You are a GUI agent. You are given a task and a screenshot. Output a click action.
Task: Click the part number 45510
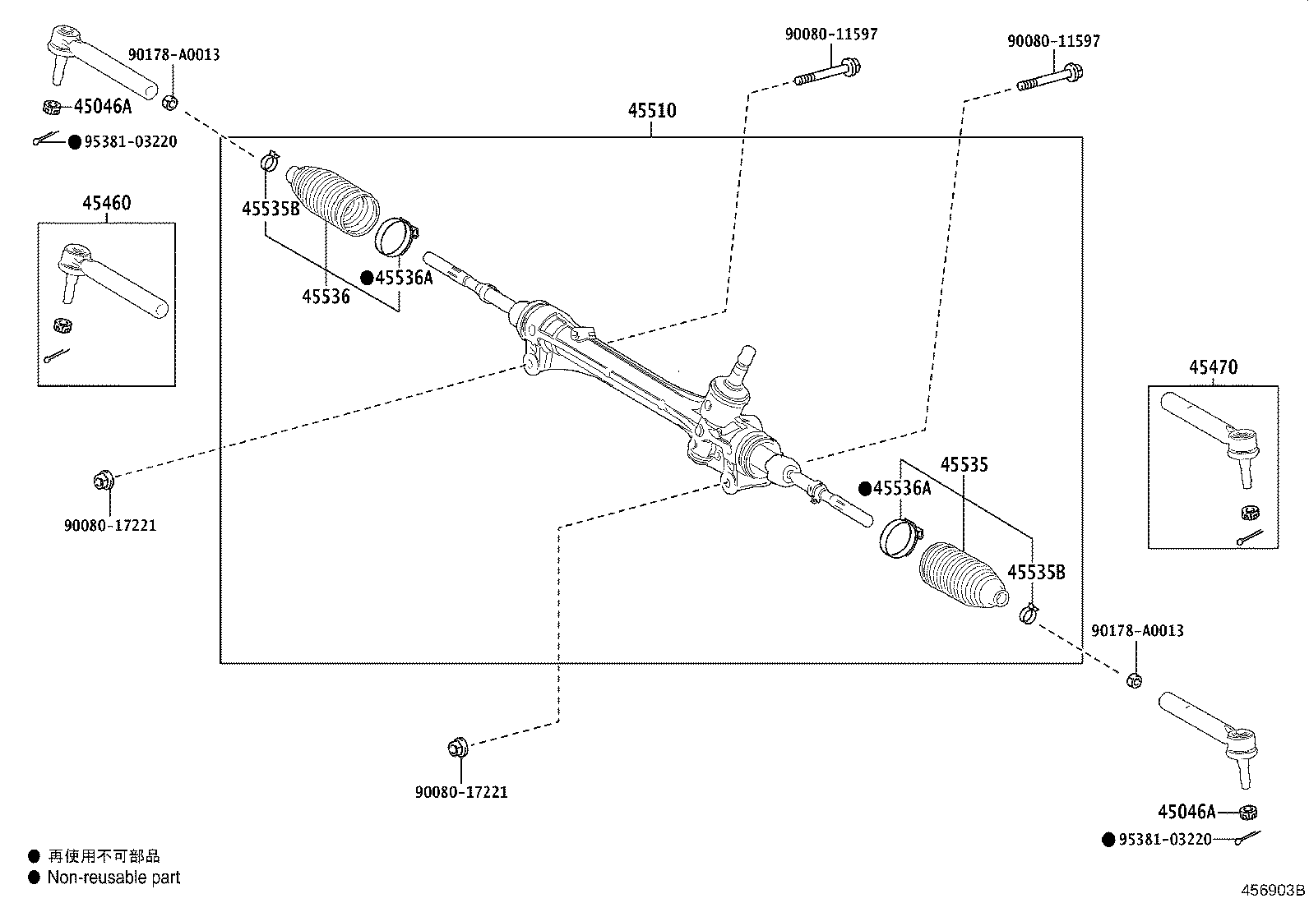coord(652,110)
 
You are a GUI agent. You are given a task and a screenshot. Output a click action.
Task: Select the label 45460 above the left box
coord(106,203)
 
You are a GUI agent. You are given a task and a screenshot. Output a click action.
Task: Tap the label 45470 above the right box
coord(1212,367)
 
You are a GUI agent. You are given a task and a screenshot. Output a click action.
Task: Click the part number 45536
coord(326,297)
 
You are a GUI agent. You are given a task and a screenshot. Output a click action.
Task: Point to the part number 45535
coord(964,465)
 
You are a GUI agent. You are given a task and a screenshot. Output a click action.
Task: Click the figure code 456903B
coord(1273,891)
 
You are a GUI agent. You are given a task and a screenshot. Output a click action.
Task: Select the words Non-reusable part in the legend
coord(113,878)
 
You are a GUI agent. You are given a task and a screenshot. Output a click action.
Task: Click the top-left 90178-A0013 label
coord(173,55)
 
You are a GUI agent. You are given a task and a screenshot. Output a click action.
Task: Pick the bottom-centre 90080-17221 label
coord(461,792)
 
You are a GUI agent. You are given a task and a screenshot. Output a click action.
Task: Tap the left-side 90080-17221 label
coord(110,525)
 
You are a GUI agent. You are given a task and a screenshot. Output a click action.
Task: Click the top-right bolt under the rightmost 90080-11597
coord(1050,76)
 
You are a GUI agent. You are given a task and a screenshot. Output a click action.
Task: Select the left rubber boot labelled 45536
coord(333,200)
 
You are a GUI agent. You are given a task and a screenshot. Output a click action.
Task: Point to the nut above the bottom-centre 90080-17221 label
coord(456,748)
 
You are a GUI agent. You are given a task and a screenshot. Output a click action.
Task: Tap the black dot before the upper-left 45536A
coord(367,278)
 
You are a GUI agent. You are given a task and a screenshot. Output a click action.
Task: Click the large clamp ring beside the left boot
coord(395,236)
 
